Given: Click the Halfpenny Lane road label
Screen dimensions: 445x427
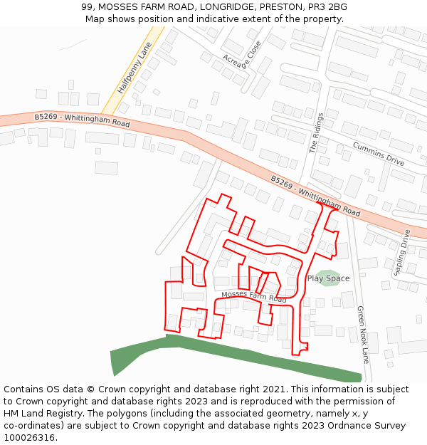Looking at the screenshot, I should [x=135, y=69].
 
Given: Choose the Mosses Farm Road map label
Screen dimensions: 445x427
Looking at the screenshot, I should [x=254, y=297].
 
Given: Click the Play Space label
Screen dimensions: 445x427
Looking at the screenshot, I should [x=328, y=278].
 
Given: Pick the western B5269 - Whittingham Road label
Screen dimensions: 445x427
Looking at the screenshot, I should [x=82, y=121].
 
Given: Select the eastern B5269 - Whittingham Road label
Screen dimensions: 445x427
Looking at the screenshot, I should [x=315, y=196].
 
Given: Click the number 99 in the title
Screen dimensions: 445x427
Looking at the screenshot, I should [x=88, y=7].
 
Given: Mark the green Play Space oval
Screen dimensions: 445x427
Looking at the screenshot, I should [x=328, y=274].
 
